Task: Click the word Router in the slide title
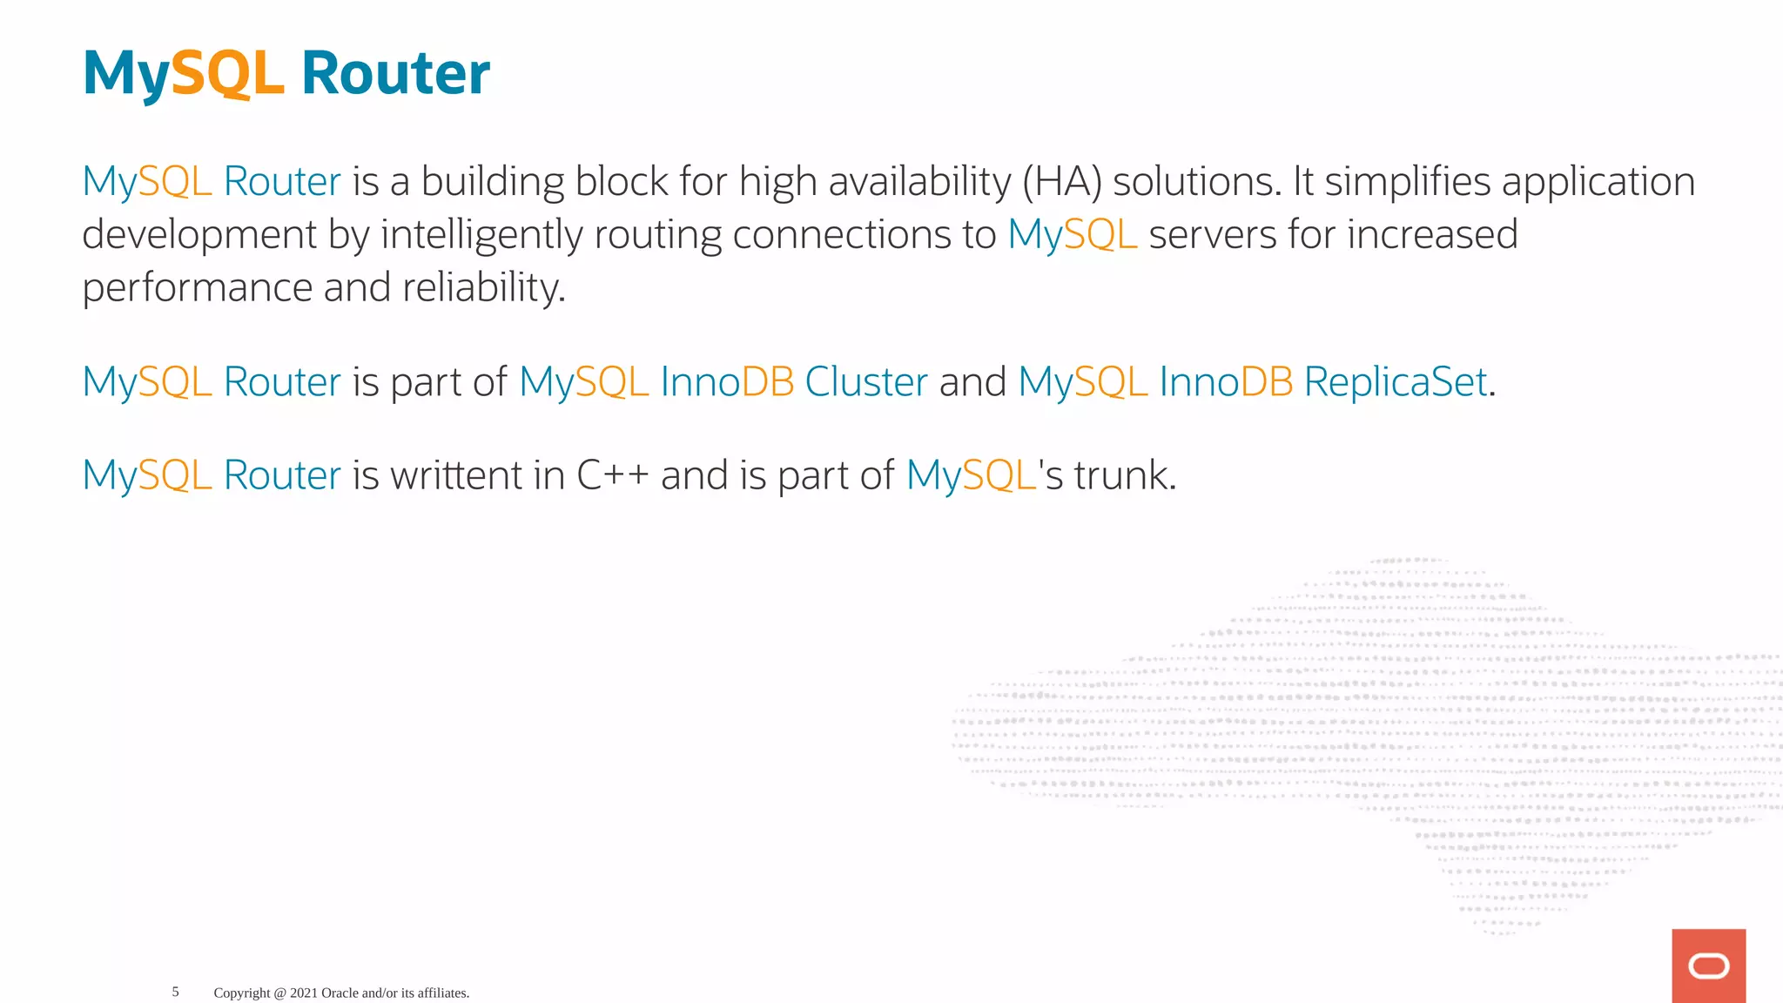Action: tap(395, 74)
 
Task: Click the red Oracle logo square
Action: tap(1708, 966)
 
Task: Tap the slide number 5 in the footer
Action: tap(175, 992)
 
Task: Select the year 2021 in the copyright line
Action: tap(304, 993)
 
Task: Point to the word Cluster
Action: tap(866, 382)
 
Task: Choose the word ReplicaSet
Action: tap(1396, 382)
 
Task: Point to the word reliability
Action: tap(483, 288)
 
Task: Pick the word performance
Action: tap(198, 288)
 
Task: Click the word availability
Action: tap(919, 182)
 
